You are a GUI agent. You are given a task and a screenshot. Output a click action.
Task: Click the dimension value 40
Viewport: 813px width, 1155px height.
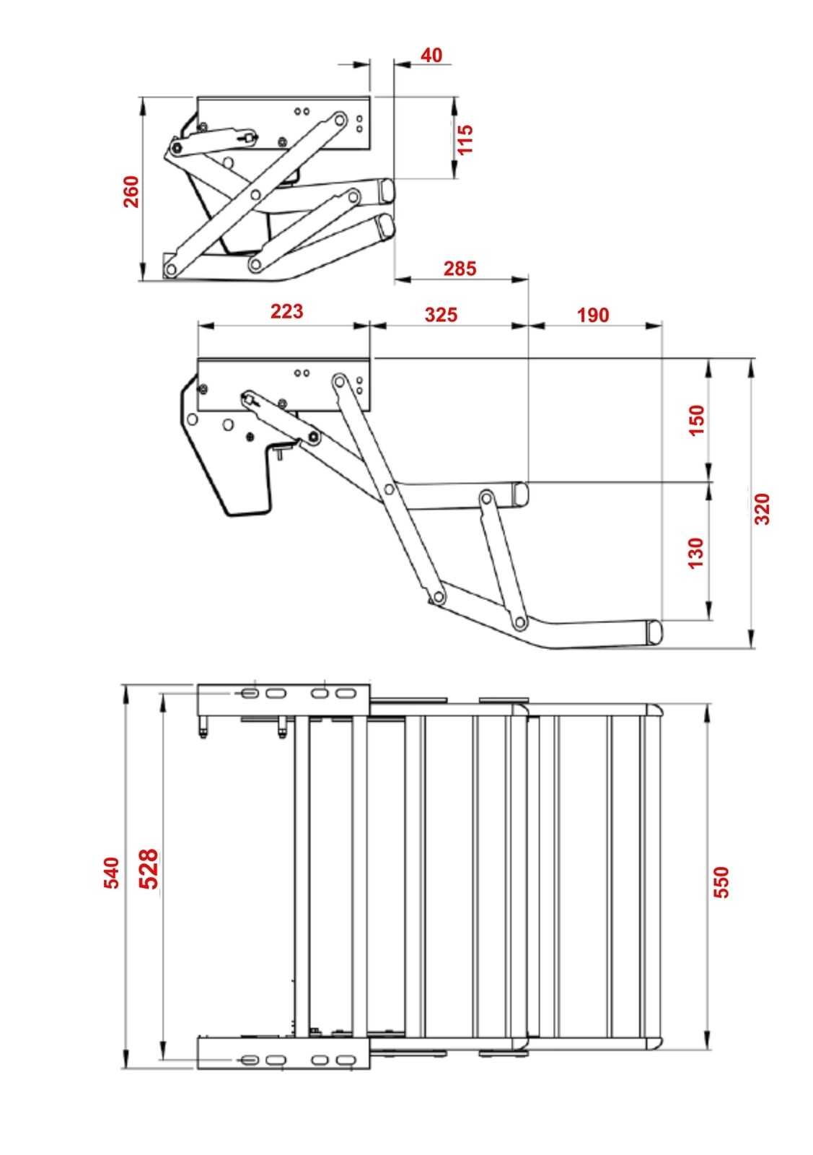[x=431, y=55]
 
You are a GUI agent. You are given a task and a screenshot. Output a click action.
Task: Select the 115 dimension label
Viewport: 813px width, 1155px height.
[x=465, y=139]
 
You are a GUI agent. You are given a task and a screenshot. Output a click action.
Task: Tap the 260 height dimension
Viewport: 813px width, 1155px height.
[x=131, y=192]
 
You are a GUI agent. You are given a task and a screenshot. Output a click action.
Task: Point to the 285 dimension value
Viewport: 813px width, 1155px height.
[x=460, y=269]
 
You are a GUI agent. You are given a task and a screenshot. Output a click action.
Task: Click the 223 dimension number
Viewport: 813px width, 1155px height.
[x=286, y=311]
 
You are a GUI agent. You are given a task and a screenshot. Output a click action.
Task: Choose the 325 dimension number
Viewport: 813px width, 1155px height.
[x=440, y=315]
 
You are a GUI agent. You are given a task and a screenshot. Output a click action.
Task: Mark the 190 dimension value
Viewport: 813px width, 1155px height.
[x=593, y=315]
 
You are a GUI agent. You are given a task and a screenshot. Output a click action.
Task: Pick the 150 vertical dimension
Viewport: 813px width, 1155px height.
[x=696, y=420]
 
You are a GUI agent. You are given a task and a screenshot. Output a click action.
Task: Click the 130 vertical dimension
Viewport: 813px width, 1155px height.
[x=696, y=552]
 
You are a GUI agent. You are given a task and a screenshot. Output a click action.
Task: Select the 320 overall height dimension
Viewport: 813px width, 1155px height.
[x=762, y=508]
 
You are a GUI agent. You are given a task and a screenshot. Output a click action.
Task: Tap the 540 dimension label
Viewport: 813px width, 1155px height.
[x=111, y=872]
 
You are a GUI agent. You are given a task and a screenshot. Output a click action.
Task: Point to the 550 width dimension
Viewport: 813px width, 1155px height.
[x=721, y=881]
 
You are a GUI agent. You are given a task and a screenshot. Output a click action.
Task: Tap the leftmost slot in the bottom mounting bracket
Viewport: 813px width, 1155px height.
[x=247, y=1059]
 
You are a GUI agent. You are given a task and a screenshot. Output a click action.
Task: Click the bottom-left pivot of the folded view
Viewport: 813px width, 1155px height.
[x=172, y=269]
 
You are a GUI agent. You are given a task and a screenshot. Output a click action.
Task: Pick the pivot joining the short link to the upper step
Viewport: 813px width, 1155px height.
[x=485, y=498]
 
